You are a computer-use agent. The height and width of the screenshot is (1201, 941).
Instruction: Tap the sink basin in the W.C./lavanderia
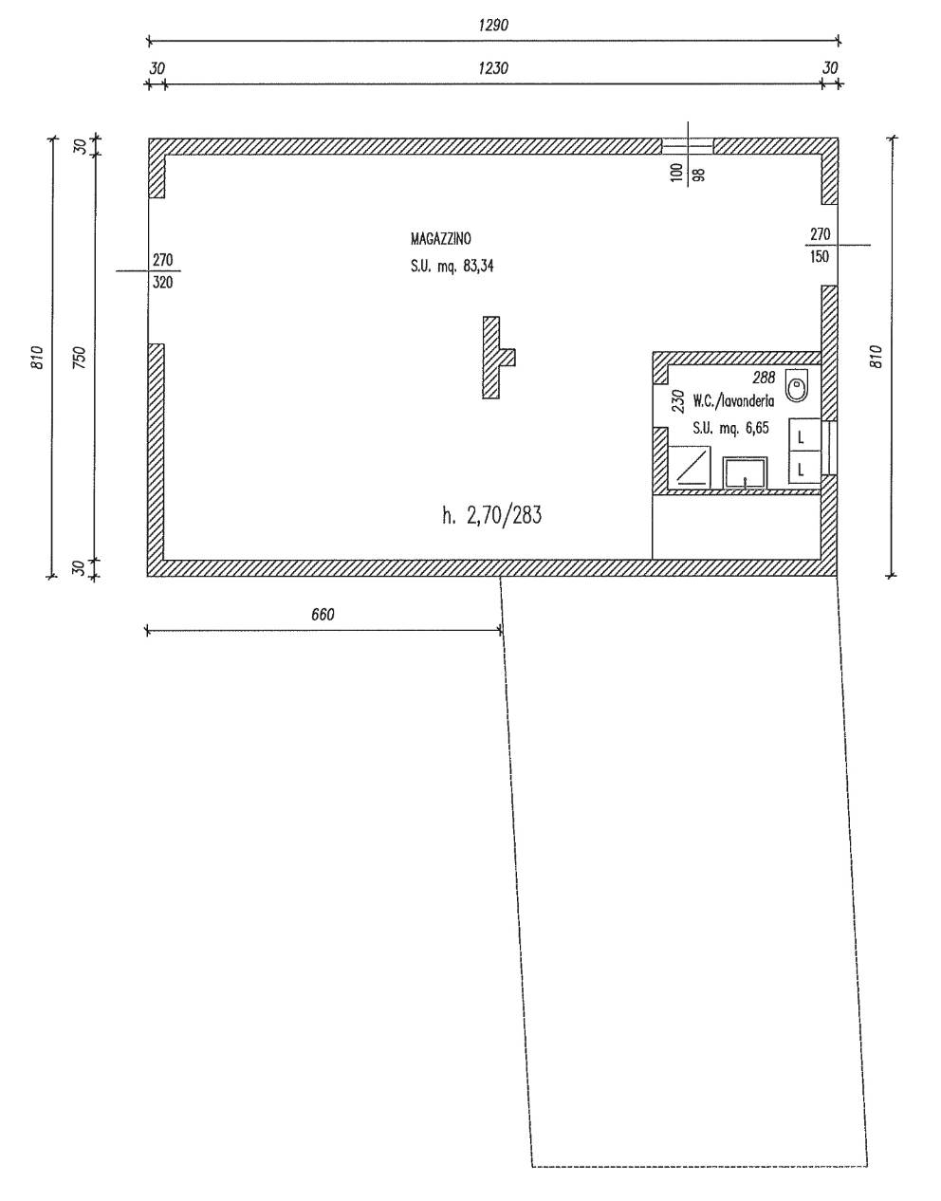[x=745, y=472]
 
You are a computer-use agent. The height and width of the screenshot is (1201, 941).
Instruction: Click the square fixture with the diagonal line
[x=691, y=466]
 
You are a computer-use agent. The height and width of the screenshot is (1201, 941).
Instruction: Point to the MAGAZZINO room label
[x=440, y=239]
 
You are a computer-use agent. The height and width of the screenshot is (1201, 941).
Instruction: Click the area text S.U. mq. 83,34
[x=452, y=267]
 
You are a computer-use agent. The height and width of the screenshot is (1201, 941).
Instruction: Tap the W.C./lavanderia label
[x=733, y=401]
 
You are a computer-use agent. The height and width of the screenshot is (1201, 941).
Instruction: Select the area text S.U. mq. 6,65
[x=730, y=428]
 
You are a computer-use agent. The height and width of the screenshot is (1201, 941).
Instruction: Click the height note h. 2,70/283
[x=491, y=515]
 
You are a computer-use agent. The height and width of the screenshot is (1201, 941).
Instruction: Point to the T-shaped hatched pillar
[x=498, y=358]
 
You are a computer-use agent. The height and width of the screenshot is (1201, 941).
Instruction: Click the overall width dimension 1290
[x=493, y=25]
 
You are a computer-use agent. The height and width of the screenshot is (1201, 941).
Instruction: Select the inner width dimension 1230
[x=493, y=68]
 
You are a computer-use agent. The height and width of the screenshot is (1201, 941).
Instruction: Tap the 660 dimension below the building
[x=323, y=614]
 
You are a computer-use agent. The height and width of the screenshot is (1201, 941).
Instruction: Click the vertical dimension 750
[x=81, y=358]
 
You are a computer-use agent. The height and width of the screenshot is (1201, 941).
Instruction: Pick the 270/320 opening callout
[x=162, y=270]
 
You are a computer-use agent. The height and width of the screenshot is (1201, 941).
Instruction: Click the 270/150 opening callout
[x=820, y=245]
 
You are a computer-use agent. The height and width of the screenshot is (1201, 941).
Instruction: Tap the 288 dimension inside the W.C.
[x=764, y=378]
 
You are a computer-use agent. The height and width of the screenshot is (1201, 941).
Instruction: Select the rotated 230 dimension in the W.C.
[x=678, y=401]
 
